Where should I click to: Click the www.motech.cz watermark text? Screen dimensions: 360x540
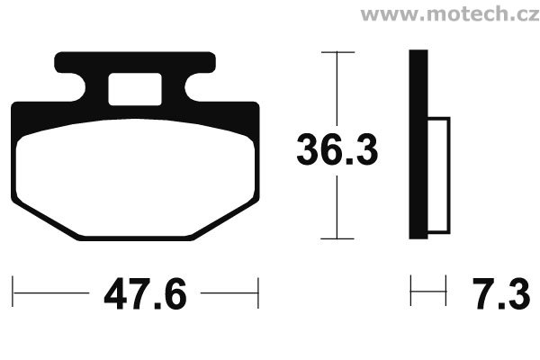click(x=449, y=15)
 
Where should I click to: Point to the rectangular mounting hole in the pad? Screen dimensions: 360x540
click(x=135, y=89)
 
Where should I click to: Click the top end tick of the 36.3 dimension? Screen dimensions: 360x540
click(x=337, y=53)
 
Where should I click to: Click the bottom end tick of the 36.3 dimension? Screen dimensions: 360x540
click(x=337, y=239)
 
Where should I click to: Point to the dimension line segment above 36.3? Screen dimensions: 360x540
click(x=337, y=90)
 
